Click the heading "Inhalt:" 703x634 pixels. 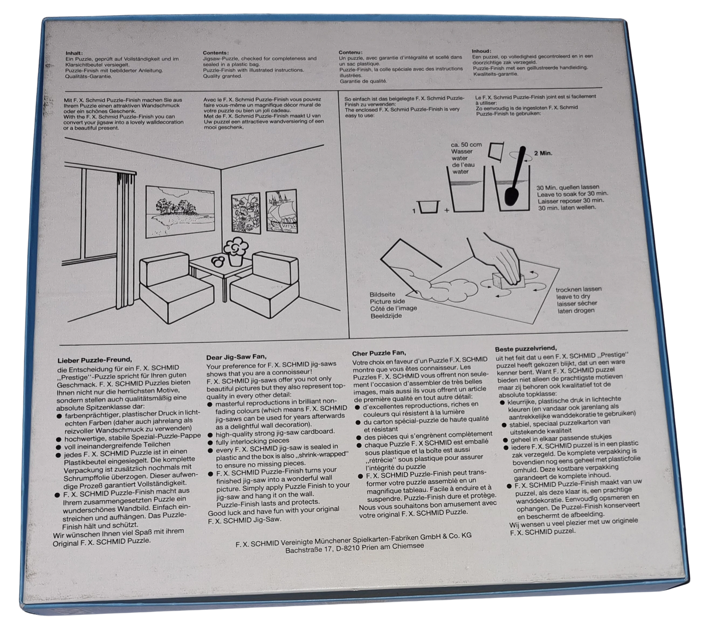[74, 53]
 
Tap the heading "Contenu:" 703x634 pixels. [350, 52]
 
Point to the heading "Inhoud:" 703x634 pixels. [482, 51]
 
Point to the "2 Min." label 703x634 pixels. [543, 153]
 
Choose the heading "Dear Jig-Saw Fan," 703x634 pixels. [236, 357]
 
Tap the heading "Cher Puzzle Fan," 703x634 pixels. [379, 353]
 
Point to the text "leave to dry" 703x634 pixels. [573, 296]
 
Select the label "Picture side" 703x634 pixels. [387, 301]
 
